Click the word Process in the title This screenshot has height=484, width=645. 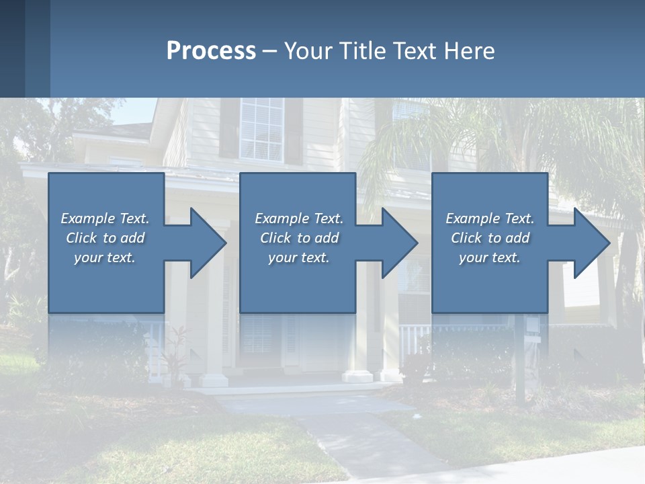point(211,51)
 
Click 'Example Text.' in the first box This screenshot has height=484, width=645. point(105,218)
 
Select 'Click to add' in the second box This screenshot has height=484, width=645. point(299,238)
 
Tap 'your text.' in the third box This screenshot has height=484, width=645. point(489,257)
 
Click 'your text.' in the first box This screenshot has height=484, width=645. point(105,257)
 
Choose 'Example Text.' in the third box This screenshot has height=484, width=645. point(489,218)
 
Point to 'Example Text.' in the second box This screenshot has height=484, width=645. point(299,218)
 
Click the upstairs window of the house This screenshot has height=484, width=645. point(261,129)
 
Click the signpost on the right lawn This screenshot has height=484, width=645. point(519,363)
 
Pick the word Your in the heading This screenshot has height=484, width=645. point(308,51)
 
